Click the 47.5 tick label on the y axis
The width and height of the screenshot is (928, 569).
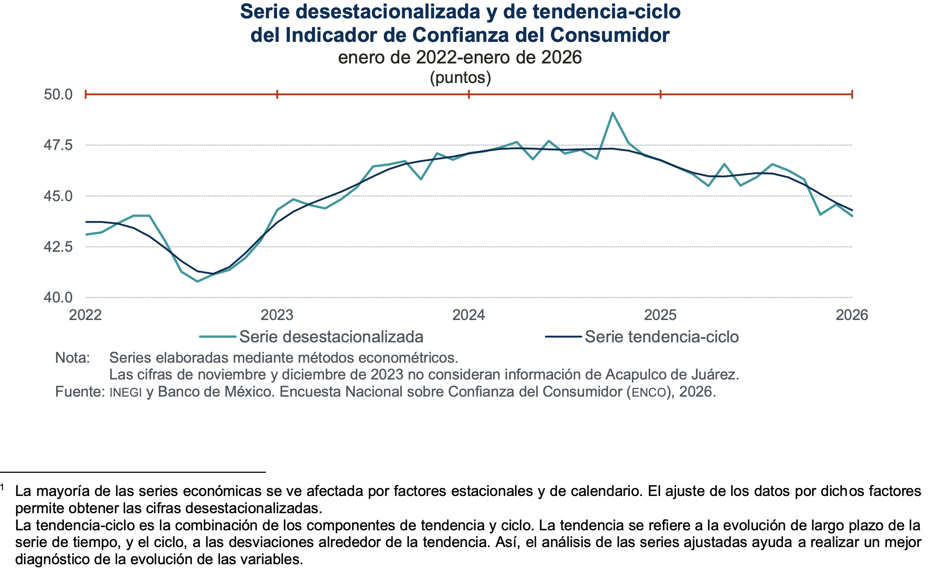click(x=58, y=145)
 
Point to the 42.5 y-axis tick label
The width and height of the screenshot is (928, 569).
click(x=58, y=247)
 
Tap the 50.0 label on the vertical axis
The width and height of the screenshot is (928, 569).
click(x=58, y=95)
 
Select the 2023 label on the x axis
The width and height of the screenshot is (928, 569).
click(x=277, y=315)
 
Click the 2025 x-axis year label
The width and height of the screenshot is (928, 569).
click(x=661, y=315)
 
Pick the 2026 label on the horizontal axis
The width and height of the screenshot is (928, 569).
click(x=852, y=315)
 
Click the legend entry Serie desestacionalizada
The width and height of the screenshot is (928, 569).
click(x=331, y=337)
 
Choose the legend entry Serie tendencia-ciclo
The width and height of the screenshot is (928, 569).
click(x=661, y=337)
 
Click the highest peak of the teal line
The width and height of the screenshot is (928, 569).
click(x=613, y=113)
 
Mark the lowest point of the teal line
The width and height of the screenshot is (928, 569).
click(x=197, y=281)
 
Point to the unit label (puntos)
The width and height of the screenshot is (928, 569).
click(x=460, y=77)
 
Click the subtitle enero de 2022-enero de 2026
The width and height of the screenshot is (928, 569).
click(x=460, y=57)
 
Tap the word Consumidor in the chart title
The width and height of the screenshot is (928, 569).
click(x=610, y=35)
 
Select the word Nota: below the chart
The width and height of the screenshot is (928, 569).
click(x=73, y=358)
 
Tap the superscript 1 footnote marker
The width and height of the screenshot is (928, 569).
click(x=2, y=488)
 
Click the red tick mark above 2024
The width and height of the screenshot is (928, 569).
click(x=469, y=95)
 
